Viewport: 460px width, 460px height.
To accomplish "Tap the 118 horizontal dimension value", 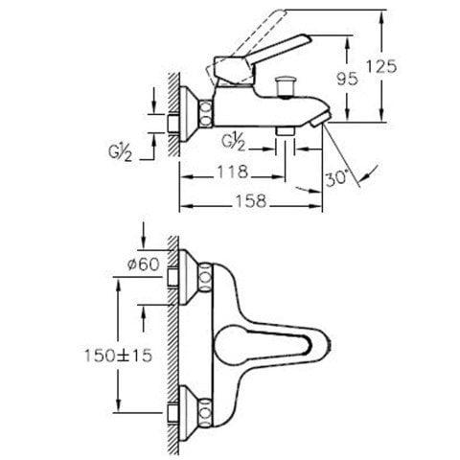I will pos(230,173).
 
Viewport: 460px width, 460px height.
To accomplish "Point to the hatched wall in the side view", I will pos(171,115).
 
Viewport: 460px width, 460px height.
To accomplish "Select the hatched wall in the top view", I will pos(171,345).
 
